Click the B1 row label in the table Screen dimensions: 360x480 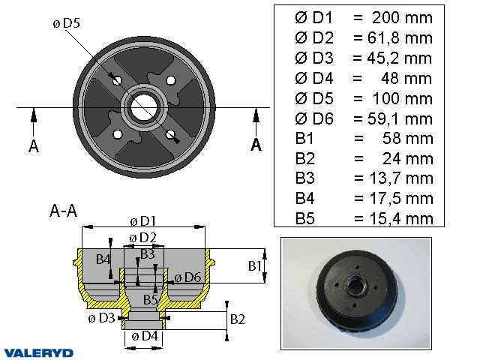coord(306,138)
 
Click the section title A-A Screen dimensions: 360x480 coord(62,211)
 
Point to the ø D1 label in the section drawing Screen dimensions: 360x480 coord(142,220)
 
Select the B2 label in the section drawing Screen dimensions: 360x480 coord(237,319)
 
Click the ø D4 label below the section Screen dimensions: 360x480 coord(142,336)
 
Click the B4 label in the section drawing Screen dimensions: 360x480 coord(103,259)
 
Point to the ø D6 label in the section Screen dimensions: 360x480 coord(187,278)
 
